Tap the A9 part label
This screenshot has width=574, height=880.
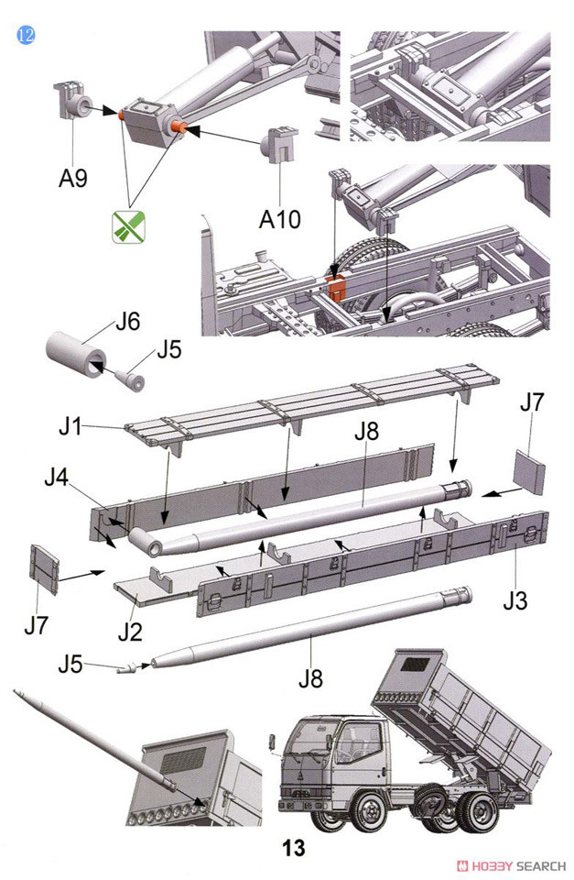click(x=73, y=178)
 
